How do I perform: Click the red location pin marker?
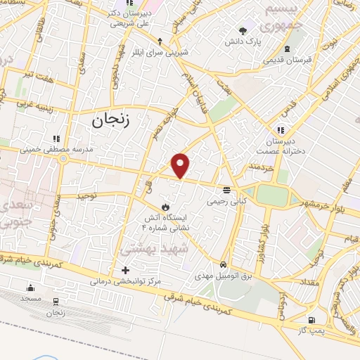(181, 165)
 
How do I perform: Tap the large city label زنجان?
(110, 120)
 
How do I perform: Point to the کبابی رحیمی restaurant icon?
(226, 190)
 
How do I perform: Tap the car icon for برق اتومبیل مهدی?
(223, 264)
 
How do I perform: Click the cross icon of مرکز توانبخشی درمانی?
(125, 269)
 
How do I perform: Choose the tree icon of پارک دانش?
(243, 30)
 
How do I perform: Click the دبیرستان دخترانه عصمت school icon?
(281, 130)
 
